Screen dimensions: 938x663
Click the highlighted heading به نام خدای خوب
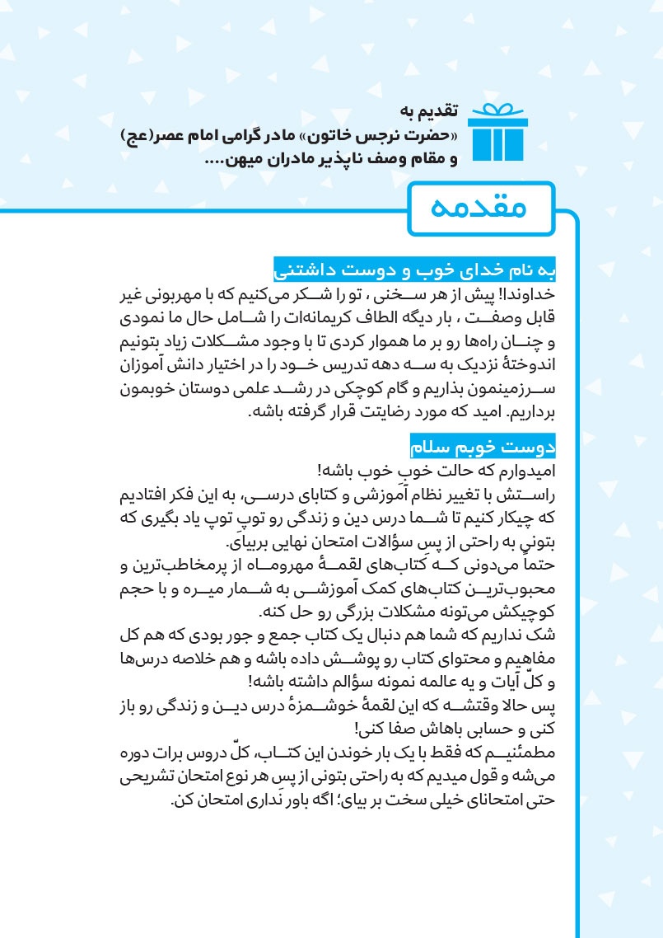click(x=414, y=270)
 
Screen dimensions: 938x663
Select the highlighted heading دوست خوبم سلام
click(x=483, y=448)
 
